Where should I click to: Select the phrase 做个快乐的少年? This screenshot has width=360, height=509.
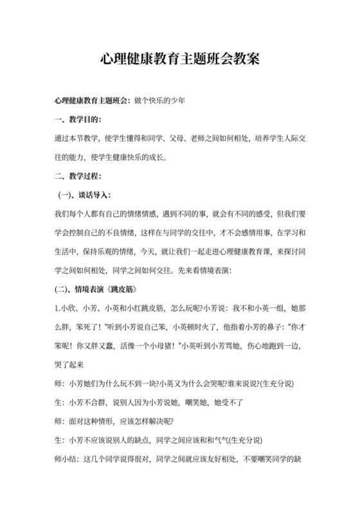(159, 101)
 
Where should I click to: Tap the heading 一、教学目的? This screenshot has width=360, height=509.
(76, 120)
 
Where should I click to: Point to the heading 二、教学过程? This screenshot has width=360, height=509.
(76, 175)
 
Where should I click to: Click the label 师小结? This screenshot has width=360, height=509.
(65, 460)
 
